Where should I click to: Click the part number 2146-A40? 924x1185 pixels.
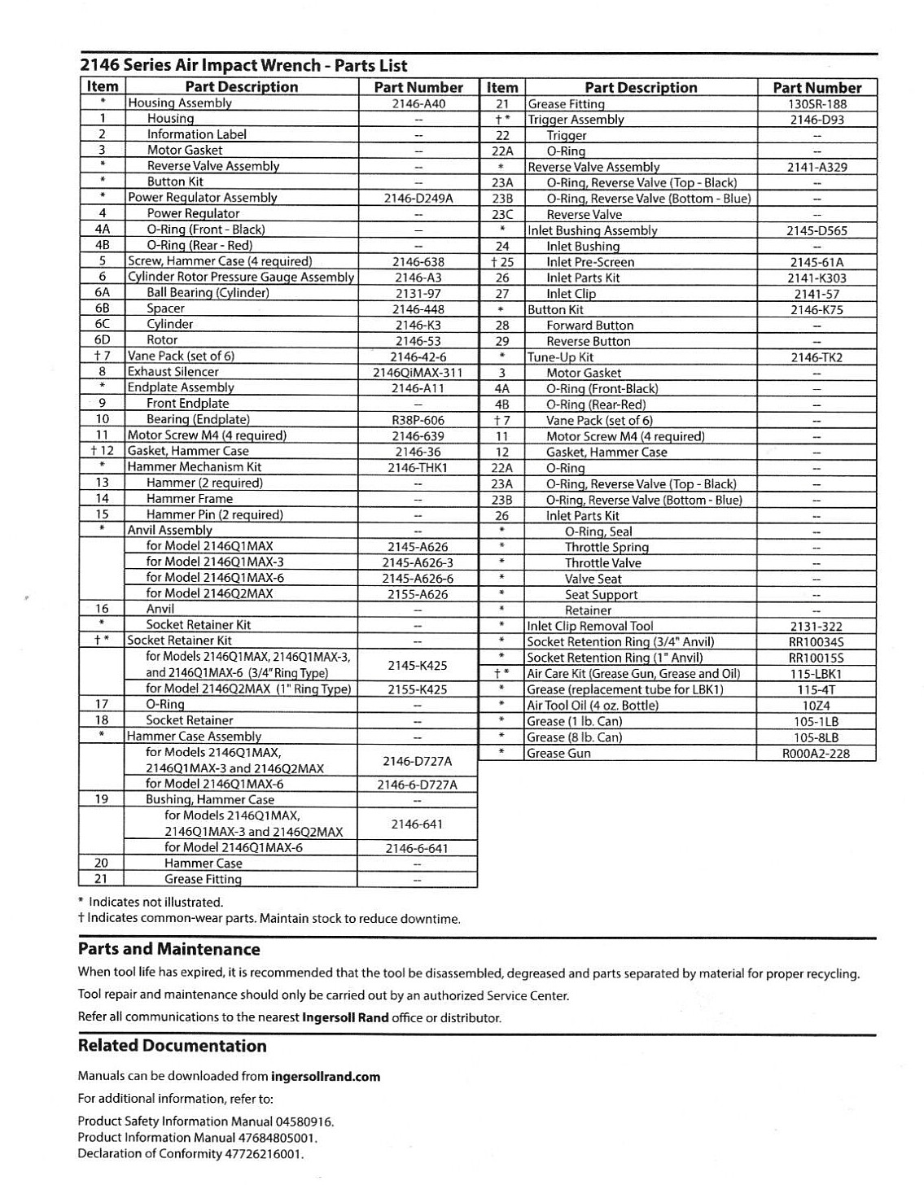click(x=418, y=103)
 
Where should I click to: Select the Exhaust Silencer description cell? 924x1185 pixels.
click(x=173, y=372)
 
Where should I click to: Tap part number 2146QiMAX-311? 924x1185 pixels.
click(x=418, y=373)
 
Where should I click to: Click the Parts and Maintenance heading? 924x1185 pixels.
click(x=169, y=949)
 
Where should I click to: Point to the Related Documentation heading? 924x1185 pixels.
click(x=173, y=1046)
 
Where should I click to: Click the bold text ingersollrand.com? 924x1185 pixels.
click(x=326, y=1077)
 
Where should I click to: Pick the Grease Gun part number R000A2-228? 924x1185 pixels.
click(x=816, y=754)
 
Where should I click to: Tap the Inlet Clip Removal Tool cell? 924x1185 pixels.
click(x=590, y=627)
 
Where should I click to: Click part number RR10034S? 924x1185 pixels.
click(x=816, y=642)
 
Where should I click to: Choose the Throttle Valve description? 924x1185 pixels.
click(x=603, y=563)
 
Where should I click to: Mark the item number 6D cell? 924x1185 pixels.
click(x=102, y=340)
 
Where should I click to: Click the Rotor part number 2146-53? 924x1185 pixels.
click(x=418, y=341)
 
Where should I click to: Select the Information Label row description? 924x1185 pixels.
click(x=197, y=134)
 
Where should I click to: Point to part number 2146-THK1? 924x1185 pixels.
click(x=418, y=468)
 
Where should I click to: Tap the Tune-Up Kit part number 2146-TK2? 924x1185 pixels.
click(x=816, y=357)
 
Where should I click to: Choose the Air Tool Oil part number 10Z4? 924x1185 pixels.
click(x=816, y=706)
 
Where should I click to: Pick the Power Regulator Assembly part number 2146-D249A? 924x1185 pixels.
click(x=418, y=198)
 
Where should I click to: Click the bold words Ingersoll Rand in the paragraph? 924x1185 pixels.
click(x=345, y=1017)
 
